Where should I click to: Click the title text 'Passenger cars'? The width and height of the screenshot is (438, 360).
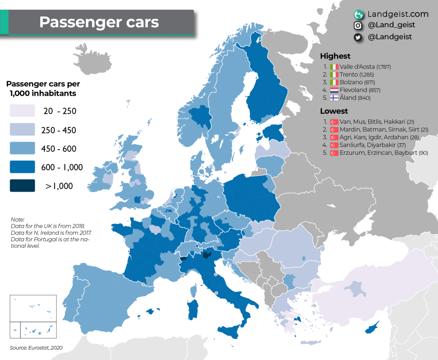[x=99, y=22]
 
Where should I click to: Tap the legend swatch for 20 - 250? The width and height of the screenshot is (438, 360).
[x=22, y=111]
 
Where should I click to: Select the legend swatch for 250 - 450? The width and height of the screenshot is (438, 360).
[x=22, y=130]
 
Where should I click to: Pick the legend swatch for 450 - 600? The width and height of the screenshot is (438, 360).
[x=22, y=148]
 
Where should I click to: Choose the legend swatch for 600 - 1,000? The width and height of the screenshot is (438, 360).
[x=22, y=167]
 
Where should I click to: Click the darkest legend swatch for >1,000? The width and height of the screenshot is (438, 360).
[x=22, y=186]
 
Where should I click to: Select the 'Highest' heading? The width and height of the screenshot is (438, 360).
[x=335, y=56]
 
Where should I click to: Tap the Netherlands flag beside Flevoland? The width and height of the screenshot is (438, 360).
[x=334, y=90]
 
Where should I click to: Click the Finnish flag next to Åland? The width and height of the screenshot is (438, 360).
[x=334, y=98]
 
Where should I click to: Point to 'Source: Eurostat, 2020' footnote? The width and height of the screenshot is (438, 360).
[x=36, y=348]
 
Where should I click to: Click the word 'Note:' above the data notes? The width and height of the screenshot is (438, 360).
[x=18, y=219]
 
